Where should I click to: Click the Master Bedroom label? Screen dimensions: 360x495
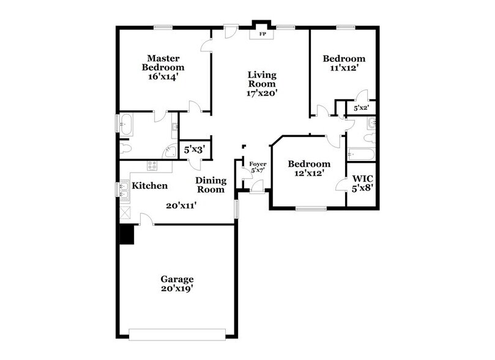point(163,62)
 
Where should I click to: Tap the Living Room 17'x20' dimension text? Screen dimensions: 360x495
point(262,94)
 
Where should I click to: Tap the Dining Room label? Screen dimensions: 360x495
point(211,185)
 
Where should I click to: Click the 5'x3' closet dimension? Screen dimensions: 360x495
point(194,148)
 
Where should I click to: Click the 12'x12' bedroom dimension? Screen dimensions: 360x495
point(309,173)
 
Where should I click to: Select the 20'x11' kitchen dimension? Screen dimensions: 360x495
point(181,206)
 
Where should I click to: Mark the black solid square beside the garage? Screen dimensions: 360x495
point(127,234)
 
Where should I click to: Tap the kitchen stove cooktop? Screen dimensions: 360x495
point(152,164)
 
